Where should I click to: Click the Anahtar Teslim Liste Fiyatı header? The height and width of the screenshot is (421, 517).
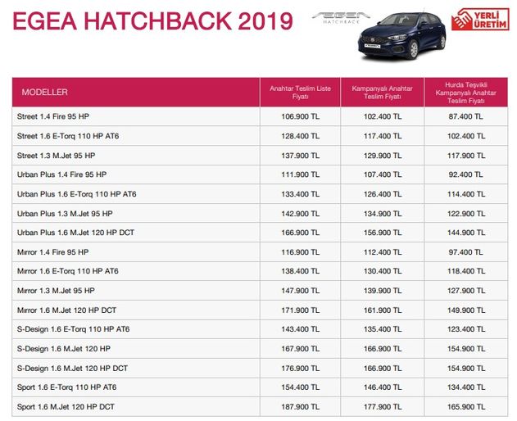pyautogui.click(x=300, y=92)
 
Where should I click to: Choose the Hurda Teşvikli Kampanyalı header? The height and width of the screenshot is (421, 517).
pyautogui.click(x=465, y=92)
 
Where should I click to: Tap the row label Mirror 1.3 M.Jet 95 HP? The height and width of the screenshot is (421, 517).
pyautogui.click(x=56, y=291)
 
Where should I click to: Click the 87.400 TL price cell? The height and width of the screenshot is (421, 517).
pyautogui.click(x=465, y=116)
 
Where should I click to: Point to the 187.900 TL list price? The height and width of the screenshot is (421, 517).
pyautogui.click(x=300, y=407)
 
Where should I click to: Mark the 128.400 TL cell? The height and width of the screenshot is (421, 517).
pyautogui.click(x=300, y=136)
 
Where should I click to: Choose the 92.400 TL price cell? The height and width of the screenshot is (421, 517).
pyautogui.click(x=465, y=174)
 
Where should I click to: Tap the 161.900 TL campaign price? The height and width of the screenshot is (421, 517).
pyautogui.click(x=383, y=310)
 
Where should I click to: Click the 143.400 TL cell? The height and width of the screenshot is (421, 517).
pyautogui.click(x=300, y=329)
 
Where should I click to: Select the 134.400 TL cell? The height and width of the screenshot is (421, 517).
pyautogui.click(x=465, y=387)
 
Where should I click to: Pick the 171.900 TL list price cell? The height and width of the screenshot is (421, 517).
pyautogui.click(x=300, y=310)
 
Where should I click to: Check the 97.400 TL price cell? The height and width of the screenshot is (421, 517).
pyautogui.click(x=465, y=252)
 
